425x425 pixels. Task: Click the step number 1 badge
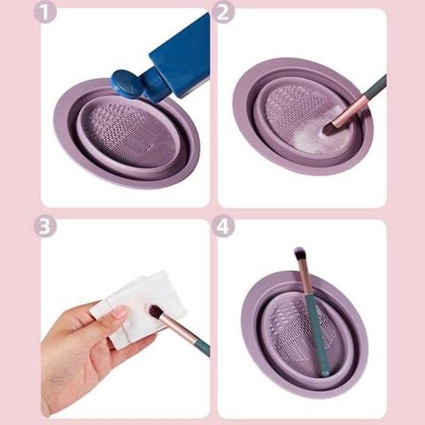pos(45,12)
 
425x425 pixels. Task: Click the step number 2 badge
pos(224,12)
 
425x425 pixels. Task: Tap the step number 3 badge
pos(44,226)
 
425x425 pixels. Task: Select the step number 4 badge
pos(224,226)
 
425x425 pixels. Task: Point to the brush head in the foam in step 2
pos(330,127)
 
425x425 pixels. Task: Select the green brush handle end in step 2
pos(376,85)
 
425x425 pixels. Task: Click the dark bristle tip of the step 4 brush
pos(299,254)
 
